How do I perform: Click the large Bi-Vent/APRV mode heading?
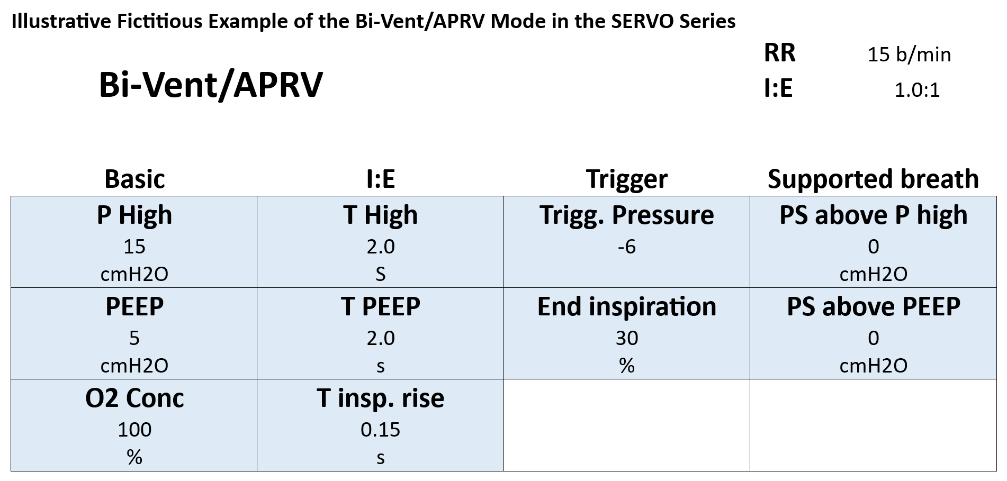(x=211, y=85)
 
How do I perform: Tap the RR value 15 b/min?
(x=909, y=55)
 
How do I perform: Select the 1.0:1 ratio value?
(x=917, y=90)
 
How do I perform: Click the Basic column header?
(x=134, y=179)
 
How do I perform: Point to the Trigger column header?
(x=627, y=179)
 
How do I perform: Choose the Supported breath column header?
(x=873, y=179)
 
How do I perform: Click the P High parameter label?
(x=134, y=215)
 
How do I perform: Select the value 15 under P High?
(x=134, y=247)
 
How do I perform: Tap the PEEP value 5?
(x=134, y=338)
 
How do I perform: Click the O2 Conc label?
(x=134, y=398)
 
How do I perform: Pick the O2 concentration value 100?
(x=134, y=430)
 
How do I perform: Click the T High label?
(x=380, y=215)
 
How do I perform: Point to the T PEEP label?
(x=380, y=306)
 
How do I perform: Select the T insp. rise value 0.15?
(x=380, y=430)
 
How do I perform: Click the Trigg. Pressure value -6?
(x=627, y=247)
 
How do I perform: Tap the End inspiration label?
(x=627, y=307)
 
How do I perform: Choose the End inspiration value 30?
(x=627, y=338)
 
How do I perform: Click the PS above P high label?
(x=873, y=215)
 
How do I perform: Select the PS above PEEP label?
(x=873, y=306)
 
